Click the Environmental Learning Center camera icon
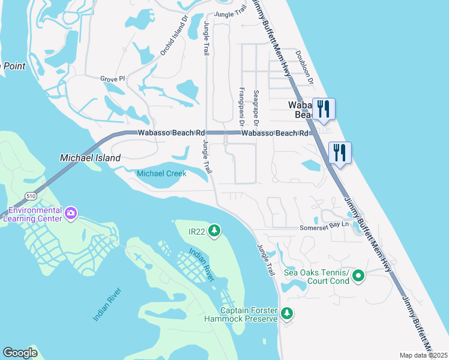71,213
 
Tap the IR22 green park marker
215,230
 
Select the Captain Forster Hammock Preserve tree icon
287,313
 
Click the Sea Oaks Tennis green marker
358,276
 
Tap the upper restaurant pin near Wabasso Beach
324,109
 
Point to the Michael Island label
90,158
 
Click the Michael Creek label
161,173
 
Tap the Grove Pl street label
112,79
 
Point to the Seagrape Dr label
256,103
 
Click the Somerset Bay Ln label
325,228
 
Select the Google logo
20,353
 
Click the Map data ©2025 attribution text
423,355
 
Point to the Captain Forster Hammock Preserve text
249,314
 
